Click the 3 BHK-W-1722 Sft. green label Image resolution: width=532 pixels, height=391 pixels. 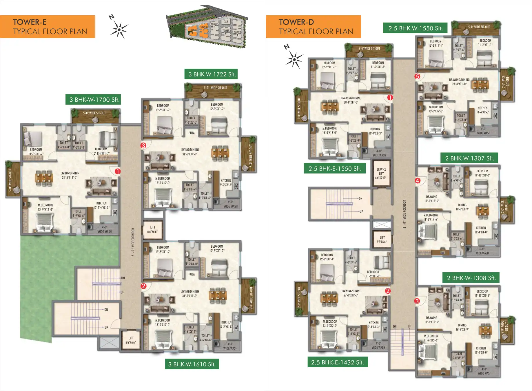[x=211, y=74]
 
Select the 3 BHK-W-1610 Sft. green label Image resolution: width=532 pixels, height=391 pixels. [x=192, y=364]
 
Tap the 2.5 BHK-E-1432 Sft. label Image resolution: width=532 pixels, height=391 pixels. [x=338, y=362]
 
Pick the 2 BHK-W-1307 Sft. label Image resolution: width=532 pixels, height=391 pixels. [x=469, y=158]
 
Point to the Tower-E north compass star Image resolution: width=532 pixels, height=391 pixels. [x=119, y=29]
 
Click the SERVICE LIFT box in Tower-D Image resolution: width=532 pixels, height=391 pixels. [x=381, y=173]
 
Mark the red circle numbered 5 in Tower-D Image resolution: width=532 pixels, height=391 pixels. [x=417, y=76]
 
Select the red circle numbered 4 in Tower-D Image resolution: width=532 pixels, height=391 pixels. [x=418, y=180]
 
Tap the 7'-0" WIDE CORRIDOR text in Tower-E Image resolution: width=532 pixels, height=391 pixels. [x=133, y=242]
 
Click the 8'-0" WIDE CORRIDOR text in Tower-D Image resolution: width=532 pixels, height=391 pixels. [x=405, y=214]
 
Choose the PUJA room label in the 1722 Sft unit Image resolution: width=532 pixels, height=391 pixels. [x=192, y=133]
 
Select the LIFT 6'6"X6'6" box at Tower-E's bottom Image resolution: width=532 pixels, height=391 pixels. [x=131, y=340]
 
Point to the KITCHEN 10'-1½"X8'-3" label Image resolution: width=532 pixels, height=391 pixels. [x=101, y=205]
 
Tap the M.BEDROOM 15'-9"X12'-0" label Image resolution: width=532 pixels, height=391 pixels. [x=45, y=207]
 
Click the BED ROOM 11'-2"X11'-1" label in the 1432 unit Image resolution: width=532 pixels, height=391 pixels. [x=373, y=274]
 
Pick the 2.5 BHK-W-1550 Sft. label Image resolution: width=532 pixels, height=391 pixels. [x=415, y=28]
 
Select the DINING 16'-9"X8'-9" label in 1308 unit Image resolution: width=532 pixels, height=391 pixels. [x=462, y=327]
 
